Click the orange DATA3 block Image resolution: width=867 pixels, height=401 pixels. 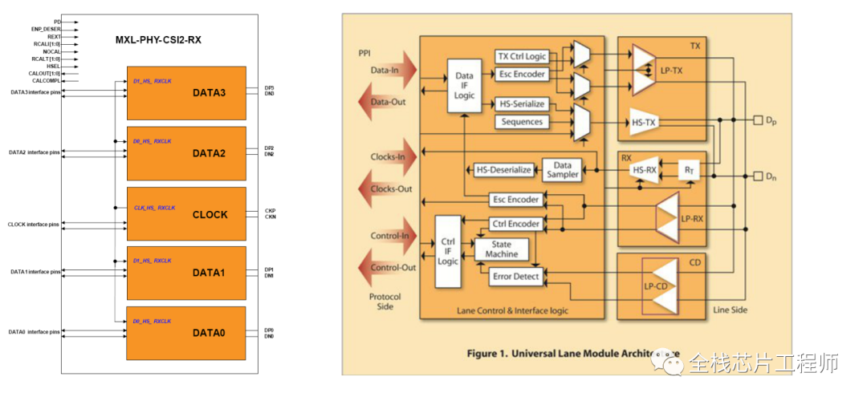(185, 93)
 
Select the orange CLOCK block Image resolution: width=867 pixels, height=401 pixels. (185, 214)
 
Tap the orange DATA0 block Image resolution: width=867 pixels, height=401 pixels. (185, 332)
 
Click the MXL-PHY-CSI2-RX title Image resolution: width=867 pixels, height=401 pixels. (158, 40)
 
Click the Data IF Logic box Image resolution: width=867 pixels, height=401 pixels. (464, 87)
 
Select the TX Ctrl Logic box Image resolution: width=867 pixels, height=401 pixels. (522, 56)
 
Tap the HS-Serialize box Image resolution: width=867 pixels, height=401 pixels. (522, 104)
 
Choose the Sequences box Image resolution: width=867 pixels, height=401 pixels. (522, 122)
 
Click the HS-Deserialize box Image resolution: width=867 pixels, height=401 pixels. (504, 170)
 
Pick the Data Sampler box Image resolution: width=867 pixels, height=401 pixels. (562, 169)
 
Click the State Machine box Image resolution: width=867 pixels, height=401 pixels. (502, 249)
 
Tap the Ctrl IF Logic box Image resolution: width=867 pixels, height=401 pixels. (448, 251)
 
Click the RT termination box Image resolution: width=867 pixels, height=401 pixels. (688, 170)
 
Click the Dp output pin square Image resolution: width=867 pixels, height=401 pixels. (758, 121)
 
